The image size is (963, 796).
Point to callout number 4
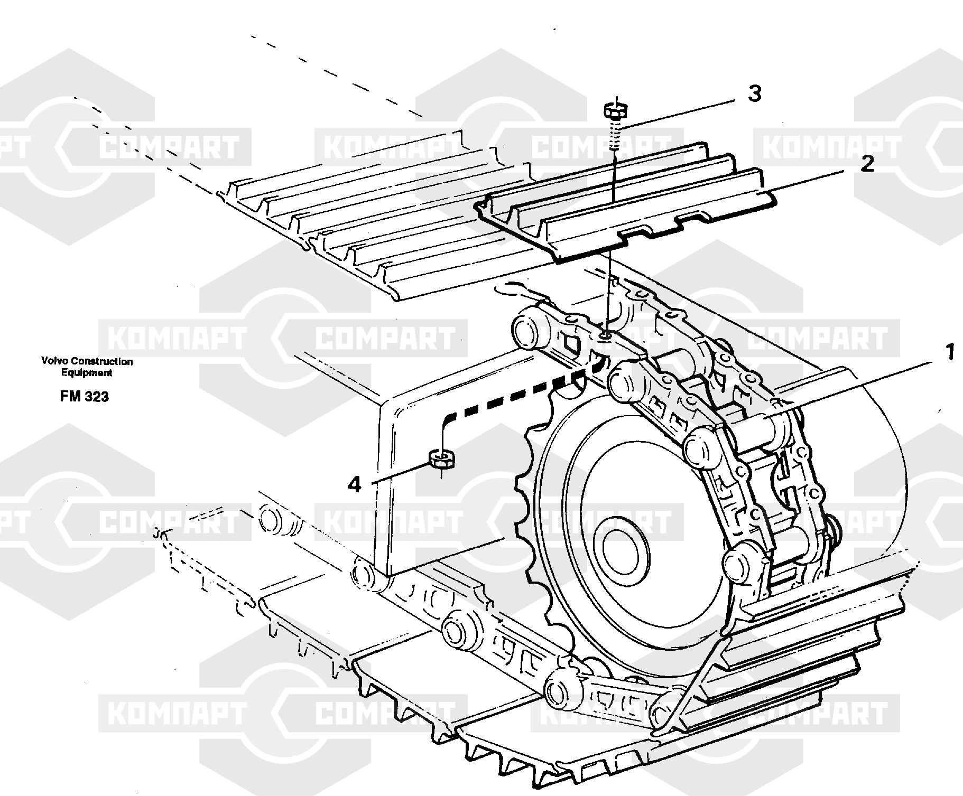[354, 484]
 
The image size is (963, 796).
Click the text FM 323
[85, 397]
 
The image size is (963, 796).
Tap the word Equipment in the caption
[87, 373]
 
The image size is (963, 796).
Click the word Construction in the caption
[102, 362]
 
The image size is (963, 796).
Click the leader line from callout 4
[402, 473]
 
